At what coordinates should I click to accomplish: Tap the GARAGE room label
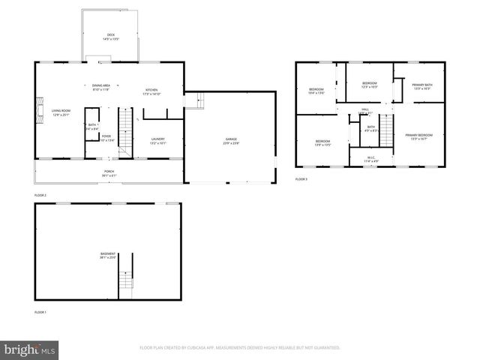coord(230,140)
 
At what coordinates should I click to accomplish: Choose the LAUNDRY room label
coord(157,139)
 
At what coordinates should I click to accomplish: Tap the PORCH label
coord(109,172)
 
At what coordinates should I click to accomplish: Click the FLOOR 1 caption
coord(40,311)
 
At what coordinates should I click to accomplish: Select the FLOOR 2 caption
coord(40,195)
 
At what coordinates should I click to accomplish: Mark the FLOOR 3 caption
coord(301,179)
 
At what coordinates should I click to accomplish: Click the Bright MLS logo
coord(30,349)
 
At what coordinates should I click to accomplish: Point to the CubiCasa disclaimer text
coord(240,348)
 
